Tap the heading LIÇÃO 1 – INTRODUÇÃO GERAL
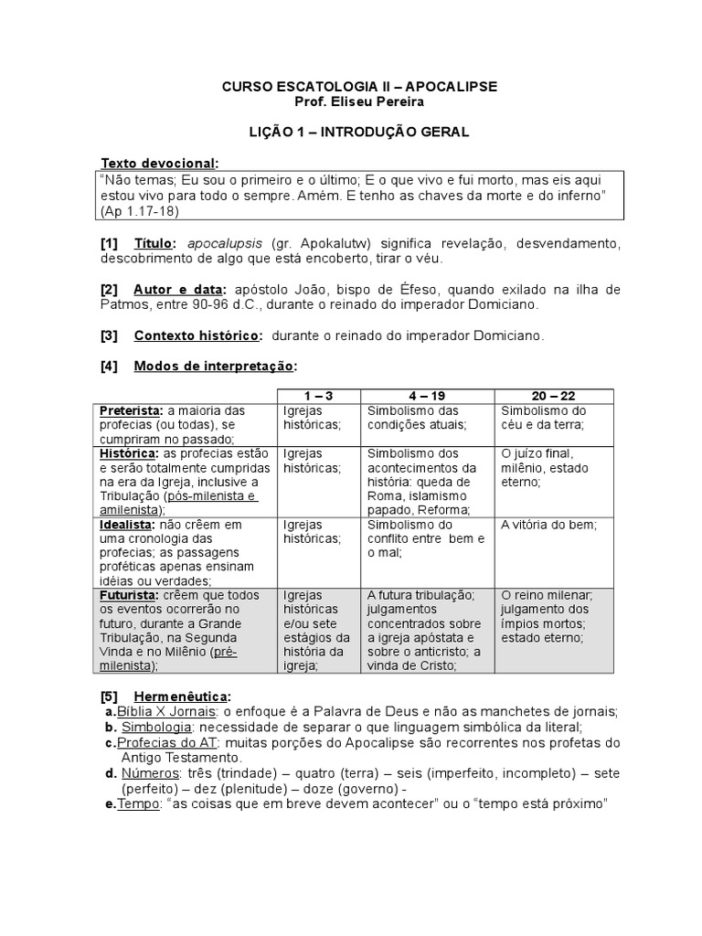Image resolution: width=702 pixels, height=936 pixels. [x=360, y=132]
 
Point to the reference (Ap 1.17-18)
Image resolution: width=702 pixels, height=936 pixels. [x=139, y=211]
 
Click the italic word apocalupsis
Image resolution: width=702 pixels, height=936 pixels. [x=226, y=244]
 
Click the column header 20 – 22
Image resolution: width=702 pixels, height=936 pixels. [x=554, y=395]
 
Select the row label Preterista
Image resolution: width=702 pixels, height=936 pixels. [x=130, y=410]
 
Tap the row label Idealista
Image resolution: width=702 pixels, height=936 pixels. [x=126, y=525]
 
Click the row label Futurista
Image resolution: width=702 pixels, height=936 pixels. [x=129, y=595]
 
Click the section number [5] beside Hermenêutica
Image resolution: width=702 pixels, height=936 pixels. [x=110, y=697]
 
